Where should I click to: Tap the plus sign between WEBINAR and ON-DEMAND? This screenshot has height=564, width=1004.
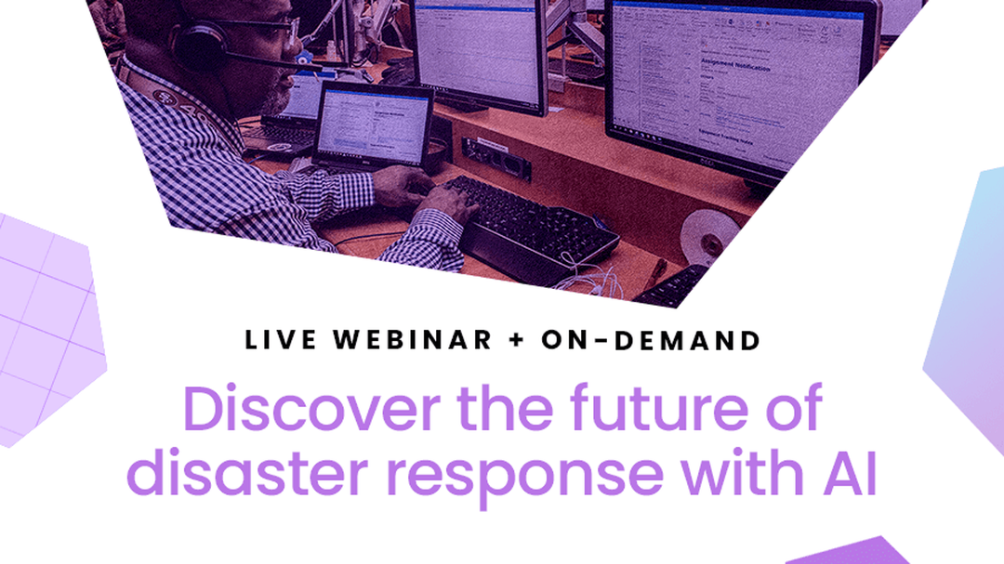click(517, 341)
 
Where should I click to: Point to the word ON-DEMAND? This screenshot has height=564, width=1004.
click(651, 340)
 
